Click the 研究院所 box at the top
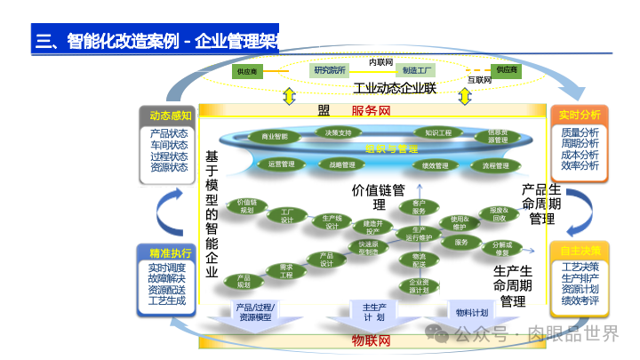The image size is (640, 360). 329,69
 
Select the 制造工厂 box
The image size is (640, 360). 418,69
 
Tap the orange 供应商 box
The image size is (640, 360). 507,69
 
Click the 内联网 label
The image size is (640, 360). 381,61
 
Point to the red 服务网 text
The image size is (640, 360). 371,111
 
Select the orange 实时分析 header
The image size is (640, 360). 579,116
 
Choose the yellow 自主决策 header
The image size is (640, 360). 580,251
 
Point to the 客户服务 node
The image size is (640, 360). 419,206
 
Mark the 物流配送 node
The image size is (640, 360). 419,260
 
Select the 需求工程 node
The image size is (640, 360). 286,271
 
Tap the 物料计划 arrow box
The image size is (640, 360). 472,313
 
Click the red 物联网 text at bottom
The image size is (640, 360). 371,340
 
